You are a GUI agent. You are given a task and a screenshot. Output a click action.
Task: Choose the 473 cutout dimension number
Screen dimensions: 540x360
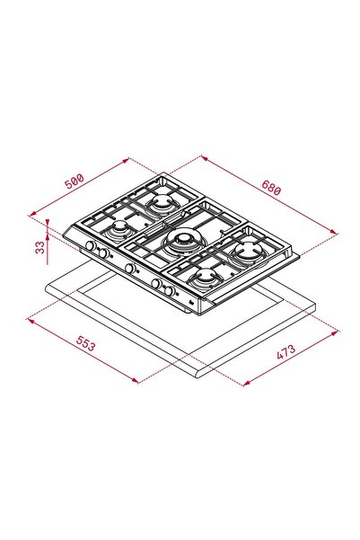(x=286, y=355)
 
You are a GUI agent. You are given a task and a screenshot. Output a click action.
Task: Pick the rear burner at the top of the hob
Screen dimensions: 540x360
(x=163, y=202)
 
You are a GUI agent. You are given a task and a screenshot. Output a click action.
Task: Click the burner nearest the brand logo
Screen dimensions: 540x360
(x=203, y=278)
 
